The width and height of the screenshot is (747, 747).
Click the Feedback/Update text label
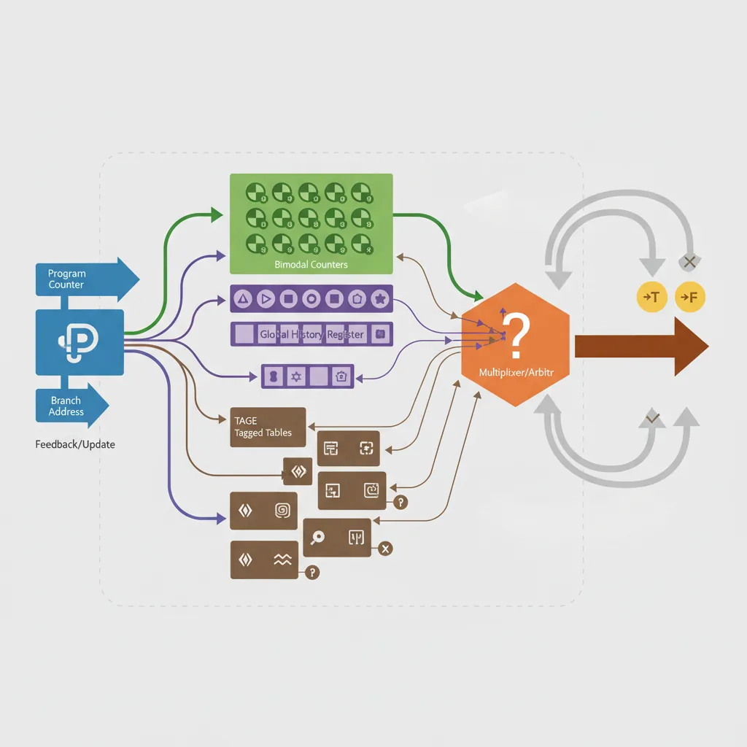(75, 444)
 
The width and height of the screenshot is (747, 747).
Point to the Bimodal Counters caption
(311, 265)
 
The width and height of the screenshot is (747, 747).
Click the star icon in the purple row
(379, 298)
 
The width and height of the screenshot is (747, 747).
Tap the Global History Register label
(311, 334)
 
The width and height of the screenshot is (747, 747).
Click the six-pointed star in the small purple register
(296, 376)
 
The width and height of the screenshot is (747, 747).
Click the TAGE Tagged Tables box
(267, 427)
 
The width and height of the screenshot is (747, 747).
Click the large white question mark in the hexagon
(517, 332)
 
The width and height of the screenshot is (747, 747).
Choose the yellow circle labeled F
(689, 297)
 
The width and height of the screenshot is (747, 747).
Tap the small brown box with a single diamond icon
(298, 472)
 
